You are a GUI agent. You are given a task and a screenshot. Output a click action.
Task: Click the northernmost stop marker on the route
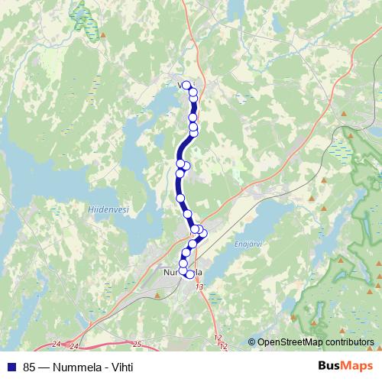click(186, 86)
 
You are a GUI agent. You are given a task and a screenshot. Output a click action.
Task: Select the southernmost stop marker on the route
click(190, 274)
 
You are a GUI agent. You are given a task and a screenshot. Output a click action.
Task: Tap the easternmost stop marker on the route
click(203, 233)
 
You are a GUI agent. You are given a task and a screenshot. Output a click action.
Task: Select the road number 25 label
click(138, 343)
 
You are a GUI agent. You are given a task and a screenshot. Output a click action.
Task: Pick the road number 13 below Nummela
click(199, 286)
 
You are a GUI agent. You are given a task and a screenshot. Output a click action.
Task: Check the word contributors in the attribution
click(351, 342)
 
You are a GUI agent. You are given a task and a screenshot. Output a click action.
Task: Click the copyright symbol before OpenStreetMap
click(251, 342)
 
